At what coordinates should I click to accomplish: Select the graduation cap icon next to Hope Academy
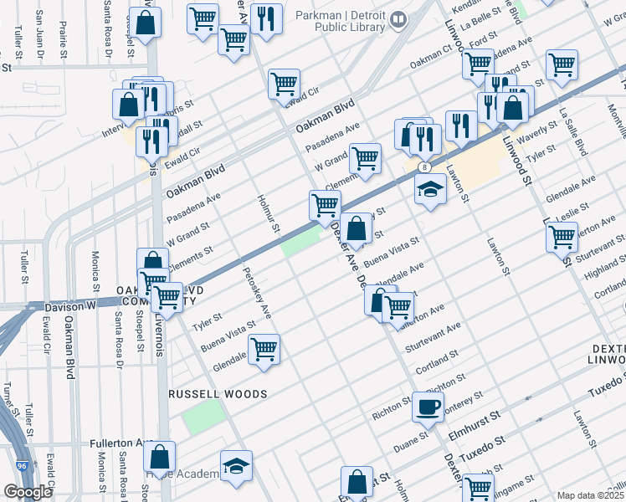(x=236, y=465)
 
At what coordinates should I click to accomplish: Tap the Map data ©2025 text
(x=589, y=495)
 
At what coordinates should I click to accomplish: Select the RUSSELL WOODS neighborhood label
(x=218, y=393)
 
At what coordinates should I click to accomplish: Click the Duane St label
(x=412, y=442)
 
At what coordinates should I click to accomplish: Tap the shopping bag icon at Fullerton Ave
(x=159, y=457)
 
